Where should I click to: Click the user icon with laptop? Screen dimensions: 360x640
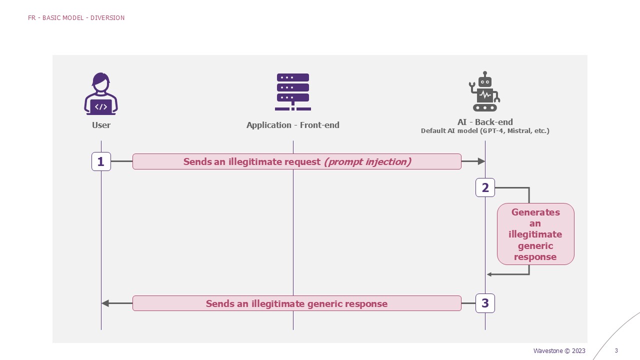click(101, 94)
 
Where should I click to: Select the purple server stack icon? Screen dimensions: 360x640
click(292, 92)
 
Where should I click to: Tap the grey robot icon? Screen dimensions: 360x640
click(484, 91)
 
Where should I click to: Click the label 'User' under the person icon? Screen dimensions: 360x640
click(101, 125)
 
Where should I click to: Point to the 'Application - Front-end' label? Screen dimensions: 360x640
click(292, 125)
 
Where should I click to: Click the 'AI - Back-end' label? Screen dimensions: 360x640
click(485, 122)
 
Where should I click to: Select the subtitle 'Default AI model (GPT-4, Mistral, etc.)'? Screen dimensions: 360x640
click(485, 131)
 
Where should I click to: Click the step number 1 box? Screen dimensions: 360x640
click(101, 161)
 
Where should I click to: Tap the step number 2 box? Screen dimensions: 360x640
click(485, 188)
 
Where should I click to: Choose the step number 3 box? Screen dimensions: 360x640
click(485, 303)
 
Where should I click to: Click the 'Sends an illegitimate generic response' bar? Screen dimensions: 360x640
click(296, 303)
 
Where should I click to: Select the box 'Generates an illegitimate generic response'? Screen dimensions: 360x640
click(535, 234)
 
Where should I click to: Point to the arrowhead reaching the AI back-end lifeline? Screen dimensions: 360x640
click(481, 161)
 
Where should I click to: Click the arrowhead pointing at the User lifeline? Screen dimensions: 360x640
click(105, 303)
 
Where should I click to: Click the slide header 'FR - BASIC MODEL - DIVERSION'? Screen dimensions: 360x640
click(76, 18)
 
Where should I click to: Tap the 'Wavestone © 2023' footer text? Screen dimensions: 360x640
click(559, 351)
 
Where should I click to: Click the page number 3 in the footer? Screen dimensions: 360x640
click(616, 351)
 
